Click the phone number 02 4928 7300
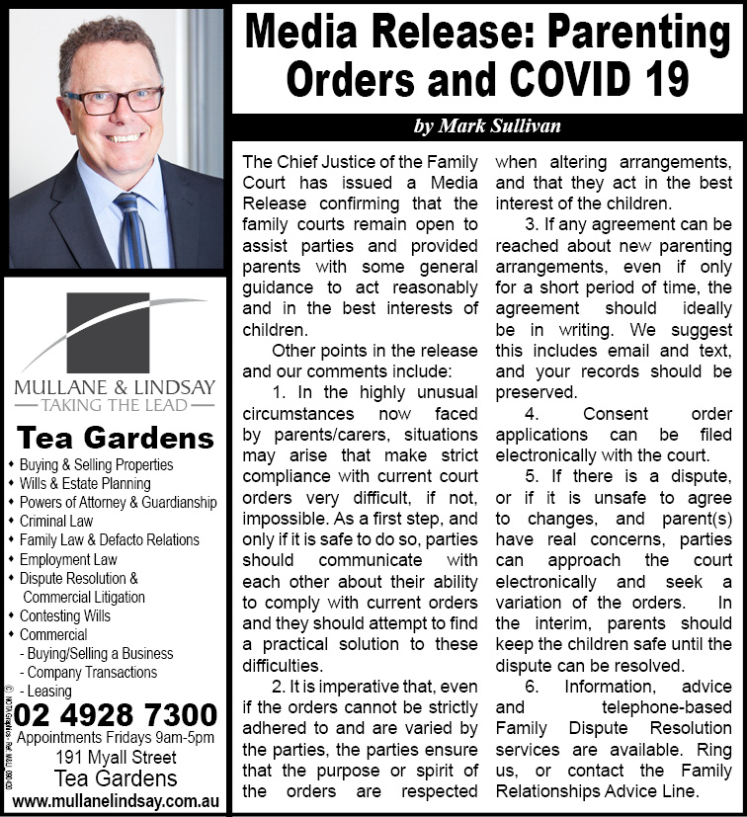point(117,715)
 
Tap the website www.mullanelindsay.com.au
point(117,800)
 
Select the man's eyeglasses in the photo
point(114,99)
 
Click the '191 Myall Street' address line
point(117,758)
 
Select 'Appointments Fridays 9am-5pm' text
point(117,739)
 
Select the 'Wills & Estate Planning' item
point(85,483)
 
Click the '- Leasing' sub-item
point(47,691)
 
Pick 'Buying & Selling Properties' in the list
point(96,464)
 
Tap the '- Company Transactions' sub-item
point(88,672)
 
